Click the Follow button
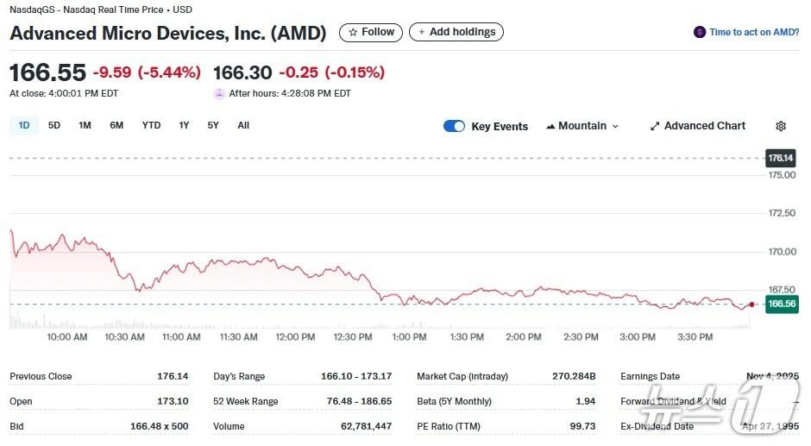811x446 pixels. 371,33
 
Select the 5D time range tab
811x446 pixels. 54,126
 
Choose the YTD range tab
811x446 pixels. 151,126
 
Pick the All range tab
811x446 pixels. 243,126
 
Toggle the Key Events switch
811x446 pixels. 454,127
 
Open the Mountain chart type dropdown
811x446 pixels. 582,126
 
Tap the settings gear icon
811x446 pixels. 781,126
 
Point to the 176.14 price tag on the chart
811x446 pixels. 780,159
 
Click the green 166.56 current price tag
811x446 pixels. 781,305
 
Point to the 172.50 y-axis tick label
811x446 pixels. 782,213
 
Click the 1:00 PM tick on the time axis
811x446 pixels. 409,337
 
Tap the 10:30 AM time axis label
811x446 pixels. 124,337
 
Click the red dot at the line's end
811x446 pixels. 752,305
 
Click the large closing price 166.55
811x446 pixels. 47,72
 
